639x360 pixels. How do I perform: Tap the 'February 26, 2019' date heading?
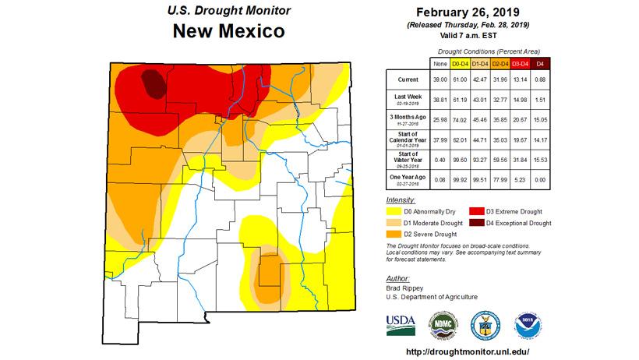pyautogui.click(x=467, y=12)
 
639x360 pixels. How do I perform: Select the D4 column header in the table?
pyautogui.click(x=538, y=62)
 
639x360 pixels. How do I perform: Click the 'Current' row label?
pyautogui.click(x=406, y=79)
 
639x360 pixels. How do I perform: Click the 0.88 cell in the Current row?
pyautogui.click(x=538, y=79)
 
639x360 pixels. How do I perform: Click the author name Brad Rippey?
pyautogui.click(x=406, y=288)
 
